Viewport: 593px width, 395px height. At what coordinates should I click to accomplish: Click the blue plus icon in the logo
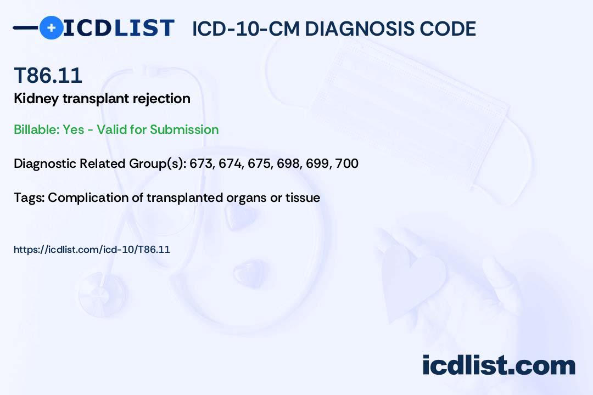click(x=51, y=27)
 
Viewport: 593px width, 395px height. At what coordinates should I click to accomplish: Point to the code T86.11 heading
click(x=48, y=75)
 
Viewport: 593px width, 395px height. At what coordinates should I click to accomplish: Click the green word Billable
click(x=36, y=129)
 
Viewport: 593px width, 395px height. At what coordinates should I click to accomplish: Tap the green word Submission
click(x=184, y=129)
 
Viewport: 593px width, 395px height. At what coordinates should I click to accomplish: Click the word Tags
click(x=29, y=198)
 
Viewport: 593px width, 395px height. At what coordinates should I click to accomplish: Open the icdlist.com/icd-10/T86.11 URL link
click(x=92, y=250)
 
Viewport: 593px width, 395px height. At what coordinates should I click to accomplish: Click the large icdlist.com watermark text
click(x=499, y=365)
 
